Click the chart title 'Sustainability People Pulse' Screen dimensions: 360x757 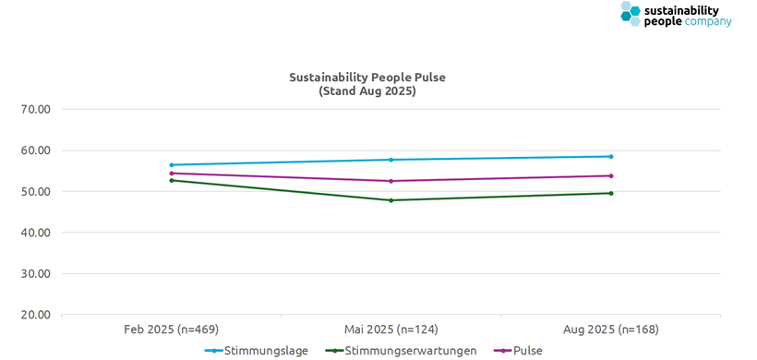click(367, 78)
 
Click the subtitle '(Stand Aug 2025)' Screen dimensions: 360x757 click(367, 91)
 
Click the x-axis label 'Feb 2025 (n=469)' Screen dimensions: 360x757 click(171, 330)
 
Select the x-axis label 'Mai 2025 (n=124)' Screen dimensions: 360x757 click(391, 330)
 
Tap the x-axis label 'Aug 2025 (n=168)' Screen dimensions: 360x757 click(611, 330)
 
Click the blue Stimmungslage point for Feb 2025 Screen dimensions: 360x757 click(172, 165)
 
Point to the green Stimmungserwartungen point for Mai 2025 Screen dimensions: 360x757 click(391, 200)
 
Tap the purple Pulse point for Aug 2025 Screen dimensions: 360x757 click(611, 175)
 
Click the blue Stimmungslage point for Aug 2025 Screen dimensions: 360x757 click(611, 156)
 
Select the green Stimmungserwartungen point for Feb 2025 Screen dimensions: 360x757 click(172, 180)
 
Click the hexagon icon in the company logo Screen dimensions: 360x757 click(631, 13)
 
